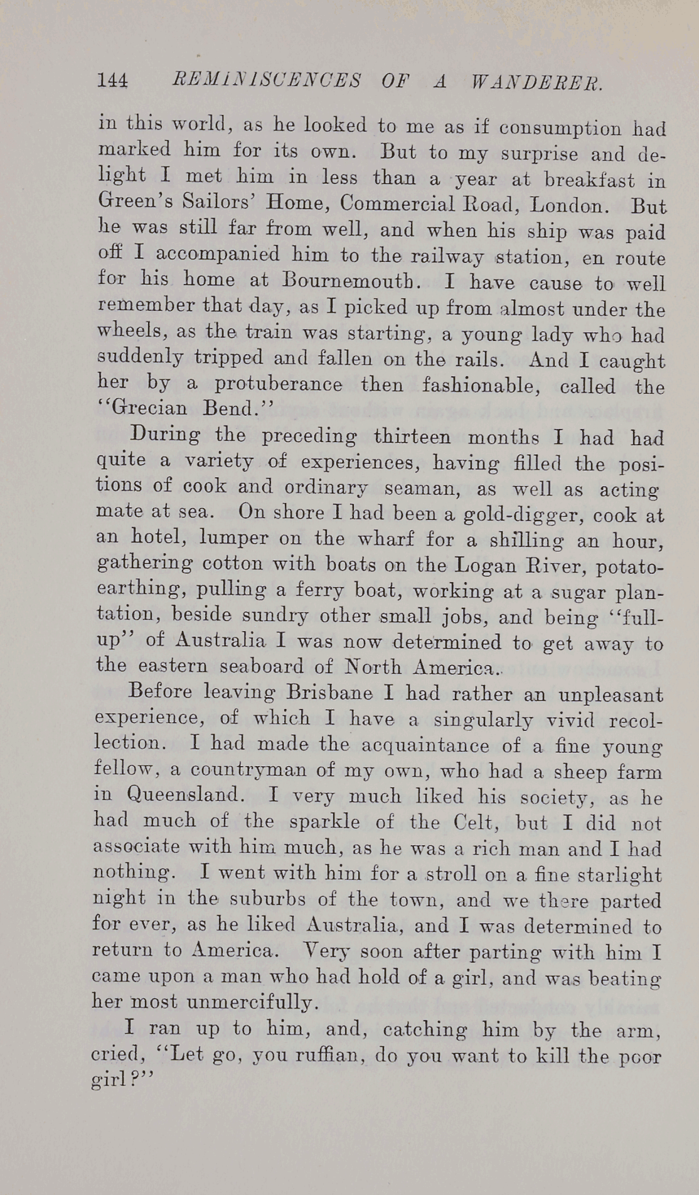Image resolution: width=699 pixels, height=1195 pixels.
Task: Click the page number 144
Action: [113, 81]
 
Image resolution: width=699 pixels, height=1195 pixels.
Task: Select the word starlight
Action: [616, 875]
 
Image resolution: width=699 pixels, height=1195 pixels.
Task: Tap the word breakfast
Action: [589, 180]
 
